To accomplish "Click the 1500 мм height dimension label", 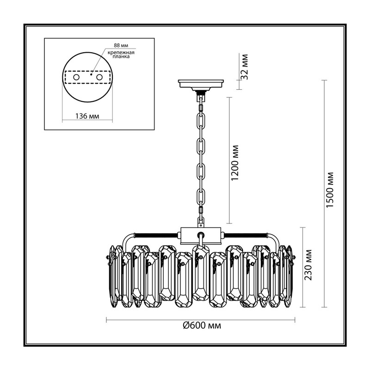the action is click(x=330, y=190).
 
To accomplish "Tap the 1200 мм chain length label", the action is click(x=235, y=163).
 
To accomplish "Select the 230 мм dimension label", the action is click(x=308, y=265).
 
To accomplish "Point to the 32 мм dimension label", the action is click(x=245, y=67).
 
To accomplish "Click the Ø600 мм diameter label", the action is click(x=202, y=326).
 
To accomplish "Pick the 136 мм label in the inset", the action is click(x=87, y=116).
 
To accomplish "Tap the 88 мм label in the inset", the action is click(x=121, y=45).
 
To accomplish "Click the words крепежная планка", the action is click(x=121, y=55).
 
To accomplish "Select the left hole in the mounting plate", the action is click(x=76, y=77).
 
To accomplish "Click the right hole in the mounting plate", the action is click(x=99, y=77).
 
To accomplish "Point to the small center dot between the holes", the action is click(x=91, y=74).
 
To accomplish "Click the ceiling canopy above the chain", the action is click(x=201, y=86).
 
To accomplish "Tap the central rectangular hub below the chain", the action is click(x=201, y=236).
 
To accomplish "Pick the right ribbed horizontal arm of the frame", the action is click(x=246, y=235).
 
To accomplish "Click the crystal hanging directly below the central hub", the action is click(x=201, y=273).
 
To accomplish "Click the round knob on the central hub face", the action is click(x=201, y=235).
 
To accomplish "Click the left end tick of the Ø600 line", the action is click(x=107, y=320).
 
